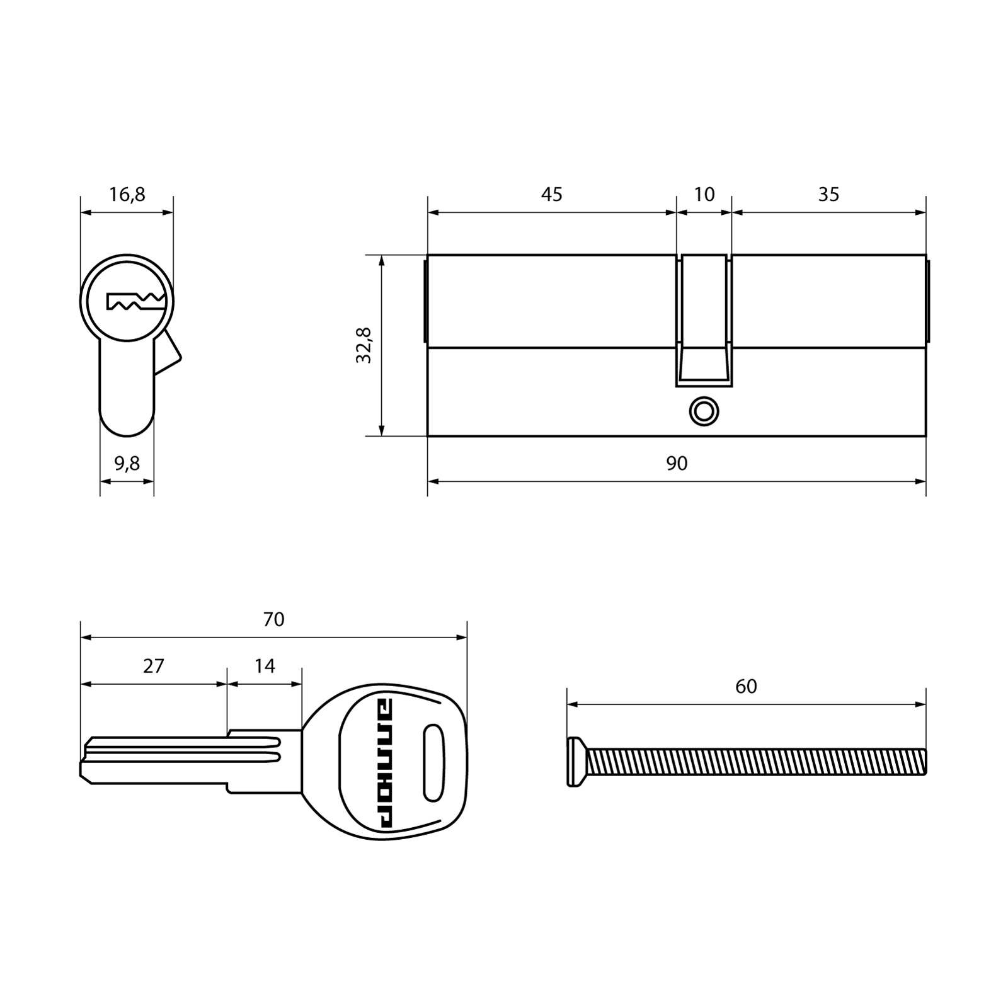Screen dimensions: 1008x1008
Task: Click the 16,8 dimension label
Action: tap(127, 195)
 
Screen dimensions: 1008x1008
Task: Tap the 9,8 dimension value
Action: tap(127, 464)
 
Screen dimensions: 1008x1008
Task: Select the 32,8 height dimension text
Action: tap(364, 345)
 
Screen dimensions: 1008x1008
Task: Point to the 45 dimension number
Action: tap(551, 195)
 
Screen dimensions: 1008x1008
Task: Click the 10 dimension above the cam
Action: tap(704, 195)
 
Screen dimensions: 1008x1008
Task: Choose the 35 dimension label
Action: tap(828, 195)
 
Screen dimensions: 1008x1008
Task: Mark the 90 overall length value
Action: tap(677, 464)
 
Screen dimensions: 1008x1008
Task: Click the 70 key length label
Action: tap(273, 620)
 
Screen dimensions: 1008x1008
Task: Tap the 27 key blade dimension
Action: tap(153, 666)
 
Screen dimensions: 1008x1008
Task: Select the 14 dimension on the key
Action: tap(265, 666)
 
